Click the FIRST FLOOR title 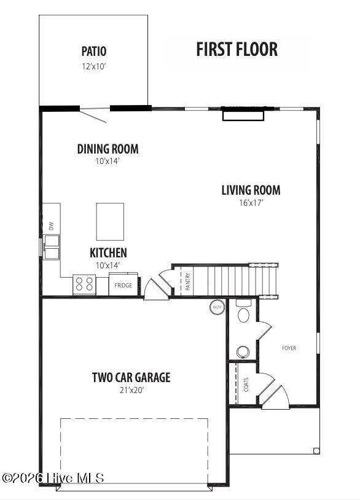[237, 49]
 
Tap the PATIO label [94, 51]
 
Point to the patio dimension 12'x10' [94, 66]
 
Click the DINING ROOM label [108, 149]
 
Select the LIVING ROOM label [251, 190]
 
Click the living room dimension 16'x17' [251, 203]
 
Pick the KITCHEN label [108, 252]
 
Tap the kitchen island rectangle [110, 222]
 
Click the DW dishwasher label [51, 226]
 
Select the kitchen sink [52, 247]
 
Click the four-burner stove [84, 284]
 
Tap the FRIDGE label [123, 285]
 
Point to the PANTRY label [188, 281]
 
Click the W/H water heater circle [217, 307]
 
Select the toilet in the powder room [244, 311]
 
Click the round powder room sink [243, 352]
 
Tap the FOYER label [289, 348]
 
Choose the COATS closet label [246, 385]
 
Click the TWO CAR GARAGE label [131, 377]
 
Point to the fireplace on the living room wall [243, 115]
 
